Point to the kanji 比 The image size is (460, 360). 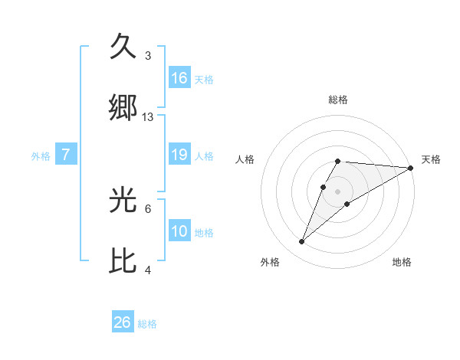pyautogui.click(x=124, y=260)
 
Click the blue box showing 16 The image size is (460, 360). pyautogui.click(x=179, y=78)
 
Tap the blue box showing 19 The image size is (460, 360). pyautogui.click(x=179, y=155)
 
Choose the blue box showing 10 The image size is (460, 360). pyautogui.click(x=179, y=231)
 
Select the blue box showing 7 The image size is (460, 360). pyautogui.click(x=66, y=155)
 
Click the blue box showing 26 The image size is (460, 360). pyautogui.click(x=123, y=322)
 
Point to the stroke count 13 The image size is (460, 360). pyautogui.click(x=148, y=117)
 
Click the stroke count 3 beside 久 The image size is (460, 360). pyautogui.click(x=148, y=56)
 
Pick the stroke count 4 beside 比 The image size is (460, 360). pyautogui.click(x=148, y=270)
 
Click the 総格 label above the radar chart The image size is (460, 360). pyautogui.click(x=338, y=100)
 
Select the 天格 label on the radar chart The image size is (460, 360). pyautogui.click(x=431, y=159)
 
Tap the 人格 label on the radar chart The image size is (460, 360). pyautogui.click(x=245, y=159)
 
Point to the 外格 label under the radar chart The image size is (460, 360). pyautogui.click(x=270, y=262)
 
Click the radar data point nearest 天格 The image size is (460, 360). pyautogui.click(x=411, y=168)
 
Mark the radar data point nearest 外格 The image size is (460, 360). pyautogui.click(x=301, y=241)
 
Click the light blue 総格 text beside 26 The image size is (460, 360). pyautogui.click(x=147, y=324)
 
